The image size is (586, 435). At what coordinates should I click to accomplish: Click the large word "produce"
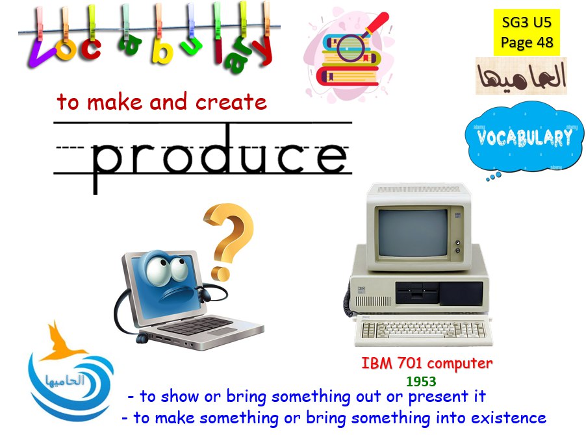(x=219, y=157)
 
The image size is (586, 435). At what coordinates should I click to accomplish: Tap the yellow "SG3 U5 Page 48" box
(x=527, y=32)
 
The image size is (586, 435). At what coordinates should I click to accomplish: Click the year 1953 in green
(x=421, y=381)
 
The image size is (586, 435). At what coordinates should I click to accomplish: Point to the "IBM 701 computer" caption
(x=427, y=363)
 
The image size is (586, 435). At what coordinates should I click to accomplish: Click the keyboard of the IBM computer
(x=424, y=330)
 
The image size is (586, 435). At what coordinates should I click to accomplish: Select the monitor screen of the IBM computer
(x=413, y=233)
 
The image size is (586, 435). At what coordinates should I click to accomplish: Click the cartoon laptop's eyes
(x=167, y=269)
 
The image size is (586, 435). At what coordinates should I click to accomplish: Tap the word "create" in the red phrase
(x=231, y=101)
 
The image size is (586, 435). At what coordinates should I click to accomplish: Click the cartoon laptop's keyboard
(x=196, y=326)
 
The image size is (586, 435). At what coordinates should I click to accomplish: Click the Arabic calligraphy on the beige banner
(x=521, y=76)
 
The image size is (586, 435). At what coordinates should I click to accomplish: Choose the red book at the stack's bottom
(x=347, y=75)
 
